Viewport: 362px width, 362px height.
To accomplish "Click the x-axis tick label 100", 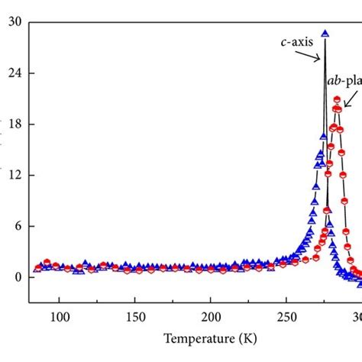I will point(60,316).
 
